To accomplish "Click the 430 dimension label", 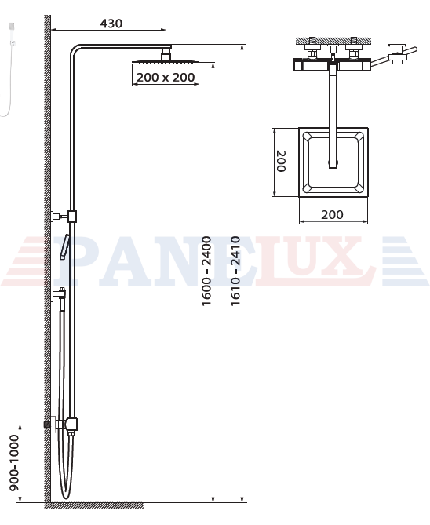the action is pos(111,24).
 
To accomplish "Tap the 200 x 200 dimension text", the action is pos(166,78).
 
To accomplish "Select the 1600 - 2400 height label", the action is pos(206,271).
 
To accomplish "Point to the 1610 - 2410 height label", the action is pos(235,271).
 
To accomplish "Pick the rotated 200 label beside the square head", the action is pos(281,161).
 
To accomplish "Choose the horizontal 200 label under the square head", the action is pos(332,214).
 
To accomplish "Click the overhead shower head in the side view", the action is pos(166,61).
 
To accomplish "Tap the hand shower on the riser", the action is pos(64,261).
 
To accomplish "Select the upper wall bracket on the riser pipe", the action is pos(64,217).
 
